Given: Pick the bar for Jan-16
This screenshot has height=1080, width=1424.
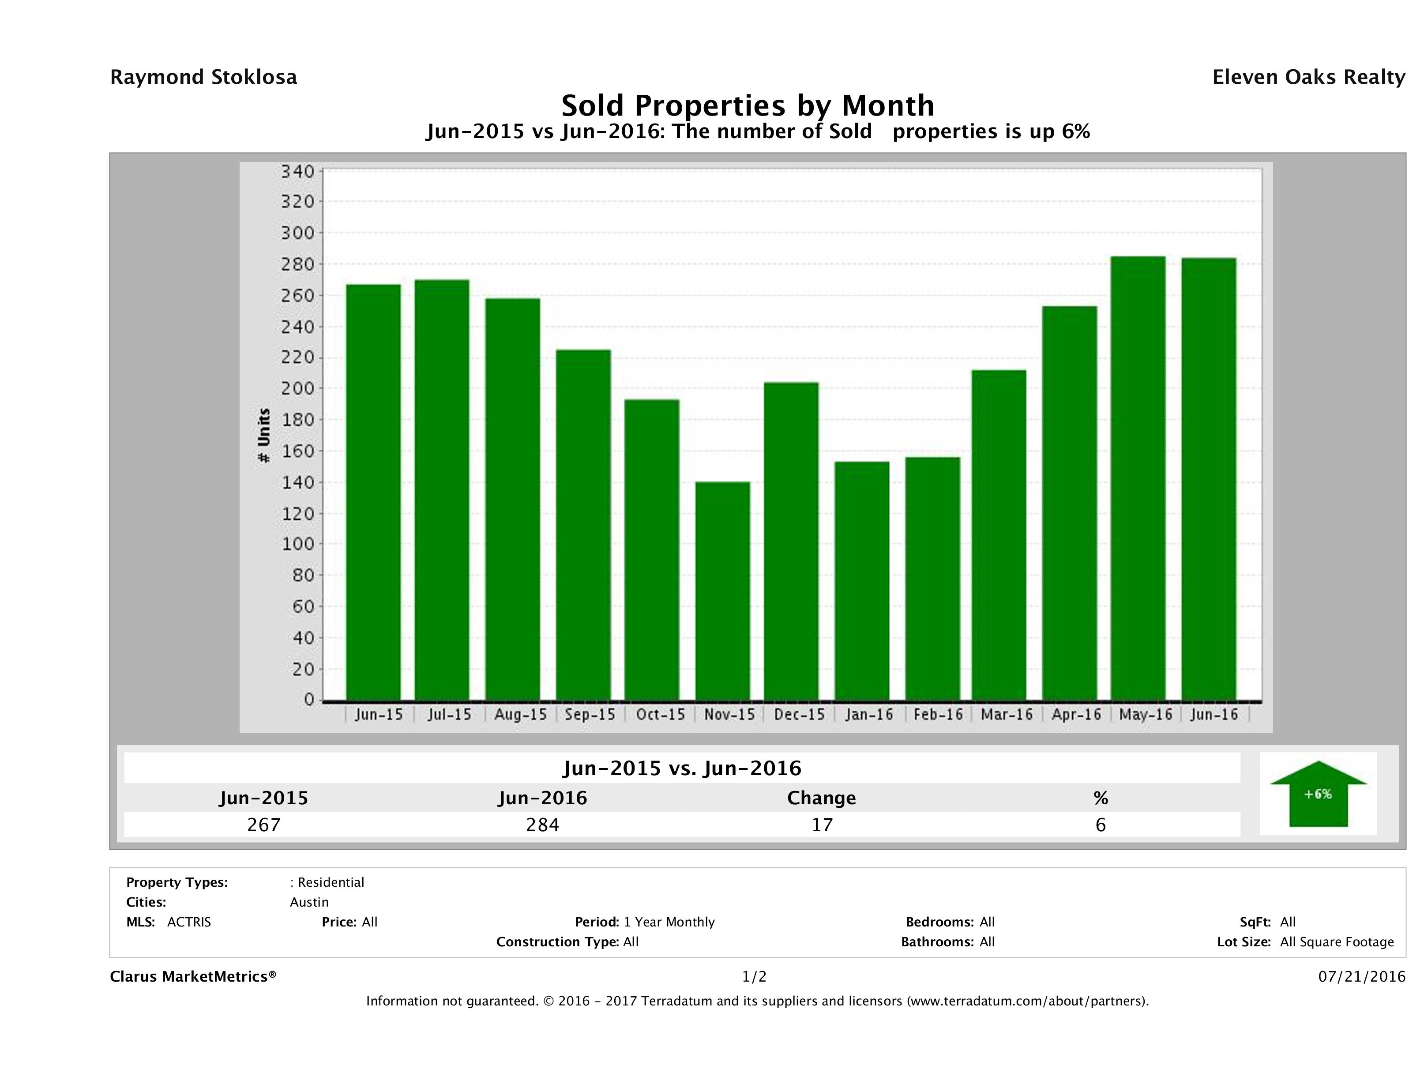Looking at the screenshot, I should [x=862, y=580].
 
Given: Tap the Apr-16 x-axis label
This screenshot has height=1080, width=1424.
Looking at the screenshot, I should [x=1076, y=714].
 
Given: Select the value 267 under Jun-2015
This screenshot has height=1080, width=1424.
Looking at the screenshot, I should [x=264, y=825].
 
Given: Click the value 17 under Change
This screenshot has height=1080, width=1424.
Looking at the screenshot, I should [x=822, y=825].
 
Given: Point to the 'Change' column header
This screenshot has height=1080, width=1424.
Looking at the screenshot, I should [x=822, y=798].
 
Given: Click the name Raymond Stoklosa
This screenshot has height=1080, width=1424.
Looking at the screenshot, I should [x=203, y=77].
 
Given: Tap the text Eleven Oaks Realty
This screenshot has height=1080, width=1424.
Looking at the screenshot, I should [x=1308, y=77].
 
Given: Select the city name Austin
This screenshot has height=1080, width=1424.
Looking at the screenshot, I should [x=309, y=902].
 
